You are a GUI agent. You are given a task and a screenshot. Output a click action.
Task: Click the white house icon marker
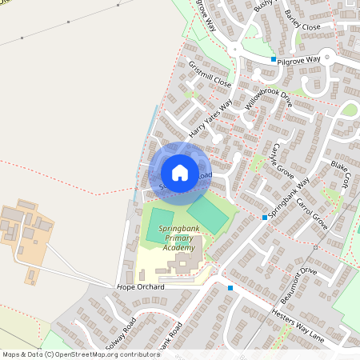(180, 172)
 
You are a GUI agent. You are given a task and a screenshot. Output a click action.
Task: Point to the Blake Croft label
(340, 174)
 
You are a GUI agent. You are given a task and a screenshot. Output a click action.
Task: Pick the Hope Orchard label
(140, 286)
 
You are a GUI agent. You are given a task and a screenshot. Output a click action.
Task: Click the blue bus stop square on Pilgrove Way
(273, 59)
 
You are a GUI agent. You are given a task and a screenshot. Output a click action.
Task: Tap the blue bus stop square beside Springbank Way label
(265, 217)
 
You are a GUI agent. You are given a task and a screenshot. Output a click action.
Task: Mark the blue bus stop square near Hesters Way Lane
(230, 288)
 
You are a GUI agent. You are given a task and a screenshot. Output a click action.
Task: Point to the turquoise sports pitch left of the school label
(160, 226)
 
